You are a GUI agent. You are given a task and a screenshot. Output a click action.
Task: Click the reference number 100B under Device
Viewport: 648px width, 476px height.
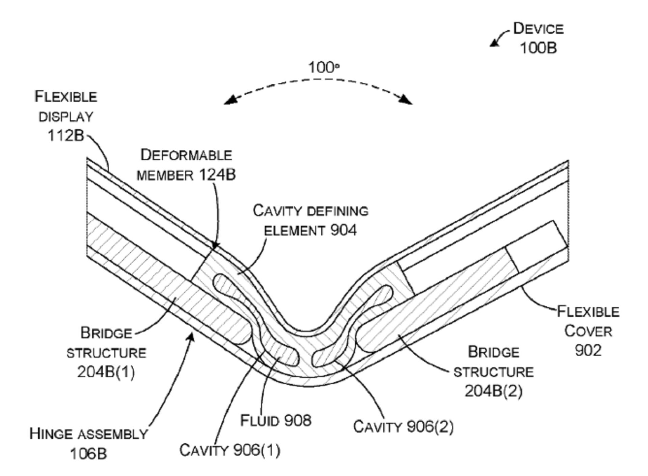[538, 48]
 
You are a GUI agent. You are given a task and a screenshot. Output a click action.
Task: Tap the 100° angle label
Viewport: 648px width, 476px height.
[323, 67]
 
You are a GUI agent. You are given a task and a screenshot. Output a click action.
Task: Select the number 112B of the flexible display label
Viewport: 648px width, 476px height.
[65, 136]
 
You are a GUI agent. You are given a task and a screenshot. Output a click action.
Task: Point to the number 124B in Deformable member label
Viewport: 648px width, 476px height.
[217, 175]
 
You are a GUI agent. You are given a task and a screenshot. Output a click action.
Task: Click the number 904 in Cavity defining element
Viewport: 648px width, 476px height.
[343, 230]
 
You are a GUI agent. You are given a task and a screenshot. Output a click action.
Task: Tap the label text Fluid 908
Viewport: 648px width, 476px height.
[275, 421]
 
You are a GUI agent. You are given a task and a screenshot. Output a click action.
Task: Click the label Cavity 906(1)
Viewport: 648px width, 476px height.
[230, 450]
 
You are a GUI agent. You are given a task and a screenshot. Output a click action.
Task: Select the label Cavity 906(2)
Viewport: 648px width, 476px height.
[403, 427]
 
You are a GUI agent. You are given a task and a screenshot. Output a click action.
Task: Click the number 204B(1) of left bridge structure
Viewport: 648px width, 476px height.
[106, 372]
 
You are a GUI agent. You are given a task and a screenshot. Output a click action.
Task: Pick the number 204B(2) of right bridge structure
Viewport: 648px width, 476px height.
[493, 391]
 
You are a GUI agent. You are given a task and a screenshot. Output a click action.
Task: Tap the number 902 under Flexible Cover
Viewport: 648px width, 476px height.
[588, 351]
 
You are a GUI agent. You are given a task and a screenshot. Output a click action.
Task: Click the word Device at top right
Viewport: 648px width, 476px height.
[538, 29]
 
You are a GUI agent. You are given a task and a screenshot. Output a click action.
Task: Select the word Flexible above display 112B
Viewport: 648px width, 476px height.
[66, 97]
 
